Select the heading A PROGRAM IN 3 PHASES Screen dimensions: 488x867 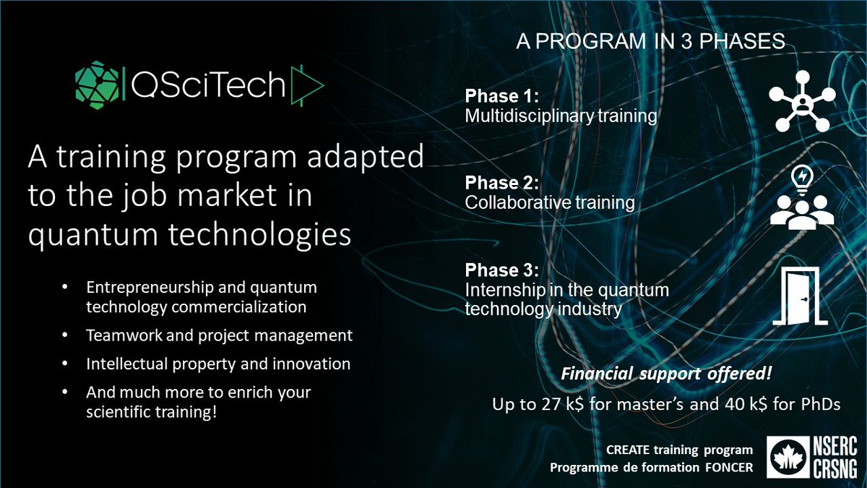(650, 42)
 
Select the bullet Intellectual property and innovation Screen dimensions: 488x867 (218, 364)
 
